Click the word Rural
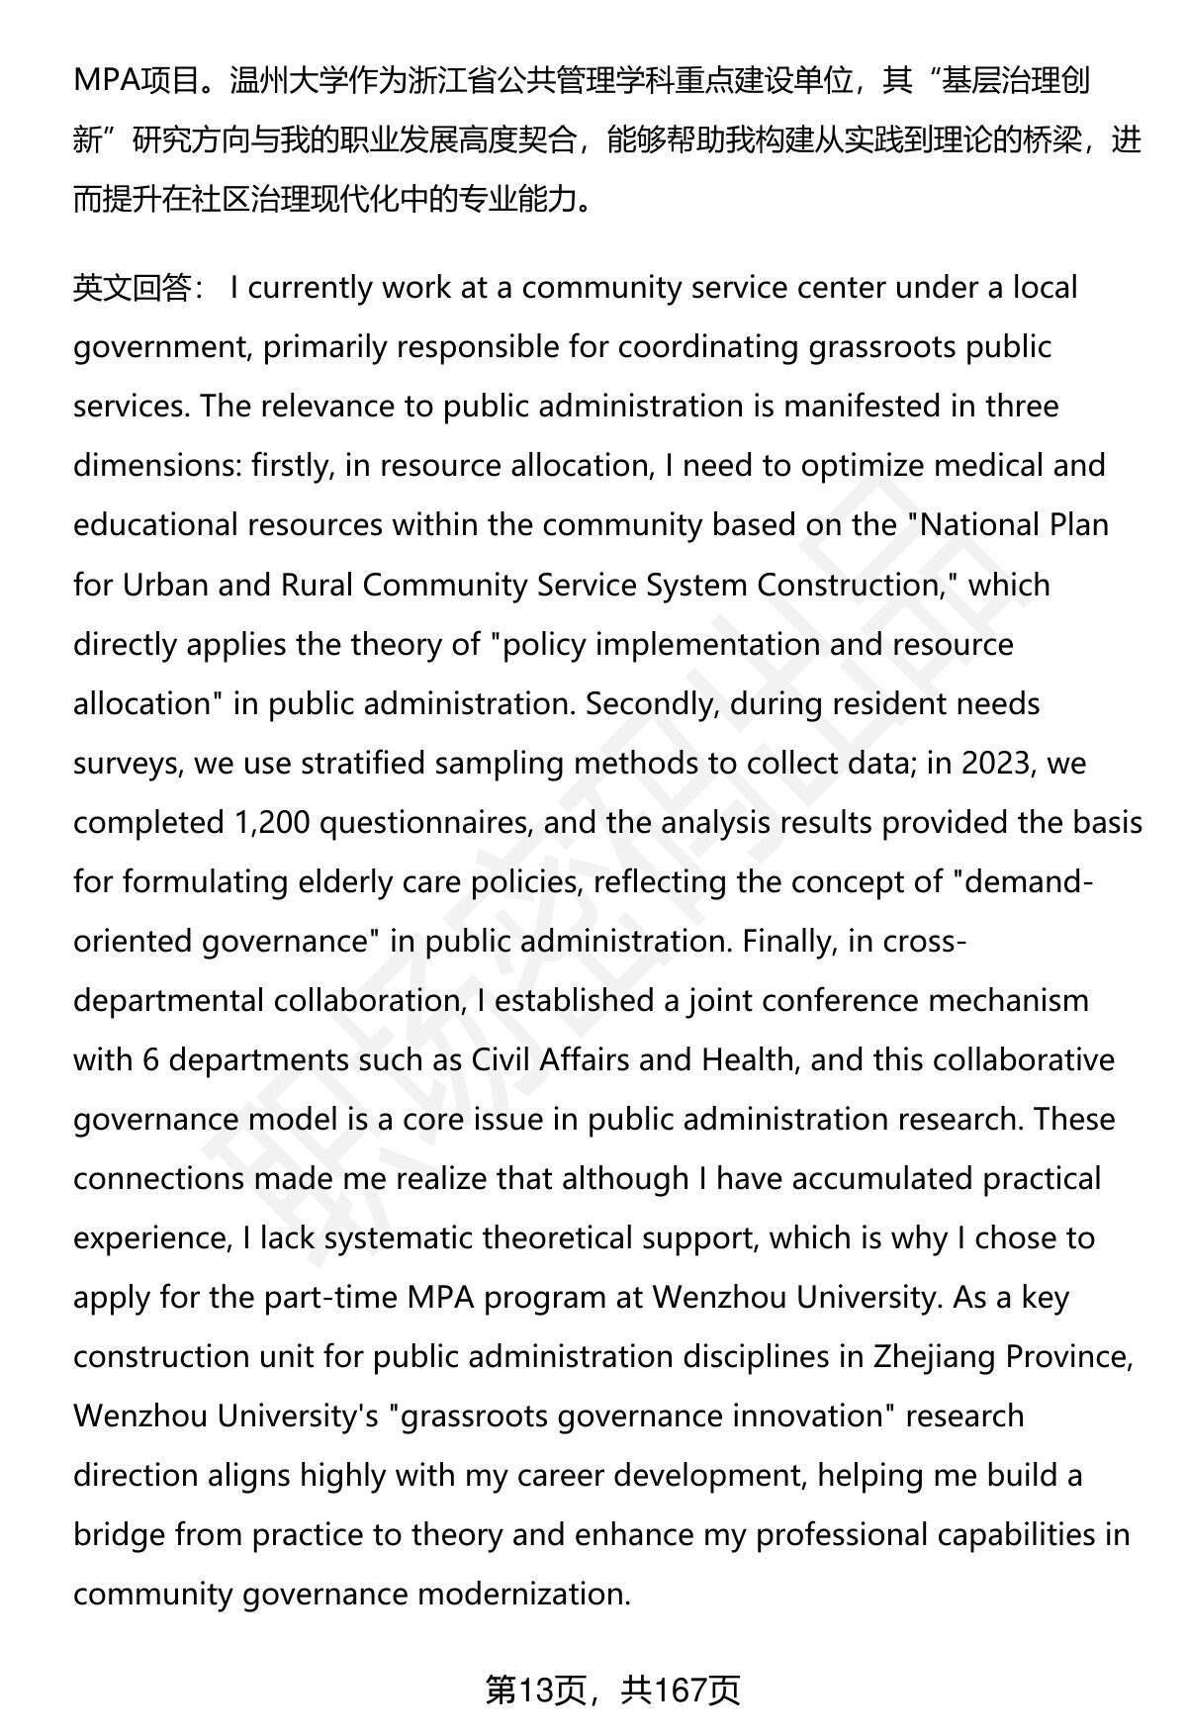click(317, 585)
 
